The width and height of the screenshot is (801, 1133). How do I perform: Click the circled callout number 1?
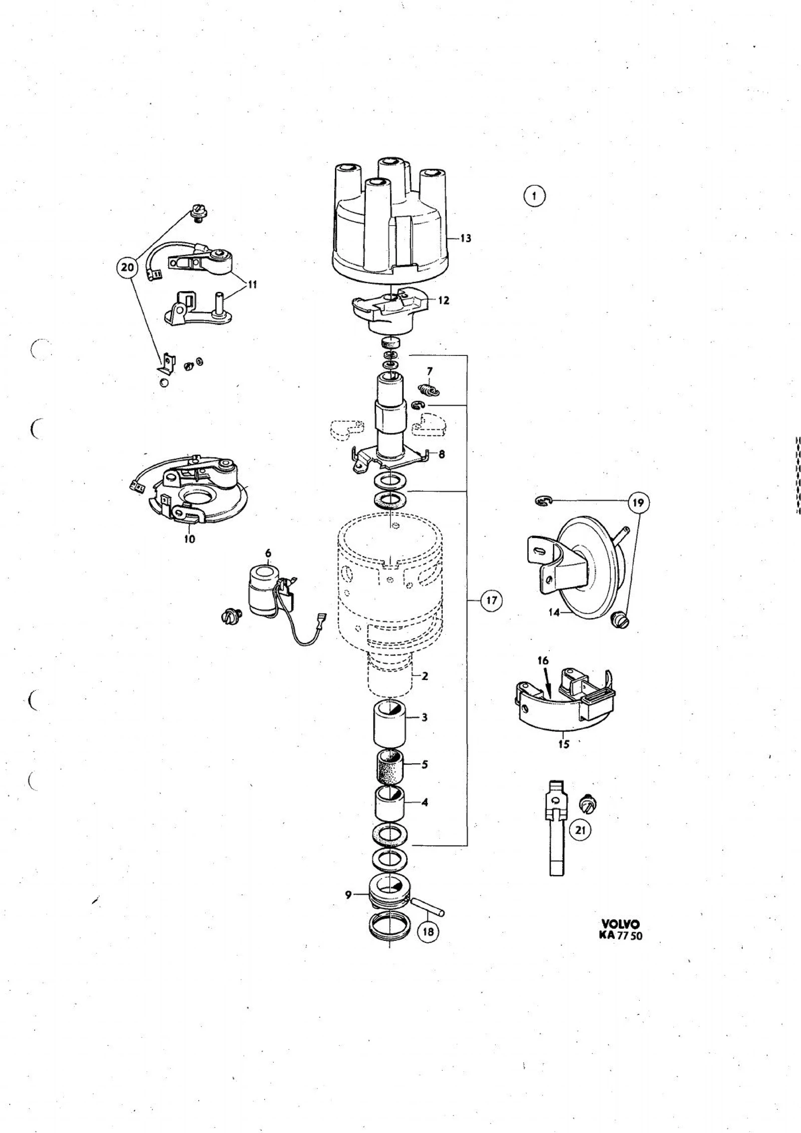pyautogui.click(x=535, y=196)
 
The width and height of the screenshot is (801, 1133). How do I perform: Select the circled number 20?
pyautogui.click(x=128, y=267)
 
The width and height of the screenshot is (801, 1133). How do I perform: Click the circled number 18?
pyautogui.click(x=428, y=932)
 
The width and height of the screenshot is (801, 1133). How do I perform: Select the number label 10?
pyautogui.click(x=190, y=539)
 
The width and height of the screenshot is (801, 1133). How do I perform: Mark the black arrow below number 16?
pyautogui.click(x=548, y=685)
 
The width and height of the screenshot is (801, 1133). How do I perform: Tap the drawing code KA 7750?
pyautogui.click(x=620, y=935)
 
